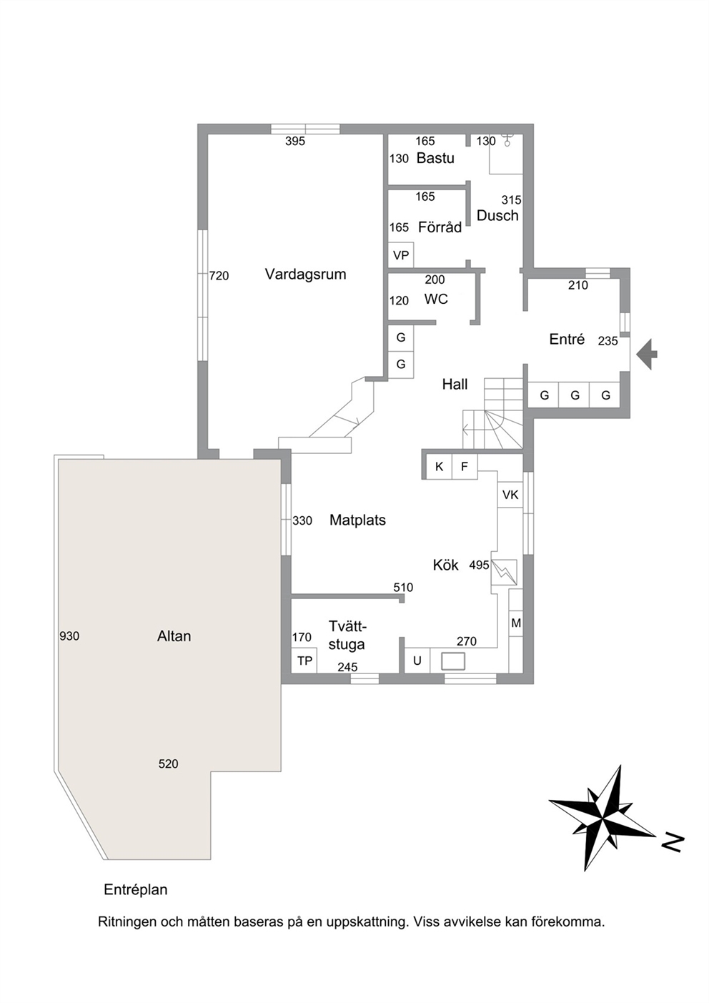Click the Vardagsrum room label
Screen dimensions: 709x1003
coord(305,274)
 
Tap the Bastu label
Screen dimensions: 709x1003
coord(435,158)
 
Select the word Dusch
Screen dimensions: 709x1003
coord(497,215)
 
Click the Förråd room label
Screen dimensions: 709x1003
coord(440,227)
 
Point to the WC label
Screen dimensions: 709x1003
coord(436,299)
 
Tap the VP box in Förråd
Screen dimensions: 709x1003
coord(401,255)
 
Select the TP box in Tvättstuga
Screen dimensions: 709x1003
coord(304,660)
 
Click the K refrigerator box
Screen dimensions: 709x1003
coord(439,467)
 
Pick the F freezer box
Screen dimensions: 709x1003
coord(465,467)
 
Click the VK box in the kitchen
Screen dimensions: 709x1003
coord(510,495)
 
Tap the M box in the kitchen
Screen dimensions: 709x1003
coord(516,623)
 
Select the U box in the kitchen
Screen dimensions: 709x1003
coord(417,661)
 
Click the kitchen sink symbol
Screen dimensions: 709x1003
coord(453,661)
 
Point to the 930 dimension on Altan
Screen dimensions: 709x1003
coord(69,636)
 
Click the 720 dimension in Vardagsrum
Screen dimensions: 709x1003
coord(219,276)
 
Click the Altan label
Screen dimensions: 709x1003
coord(174,636)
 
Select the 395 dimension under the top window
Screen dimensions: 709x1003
coord(295,141)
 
